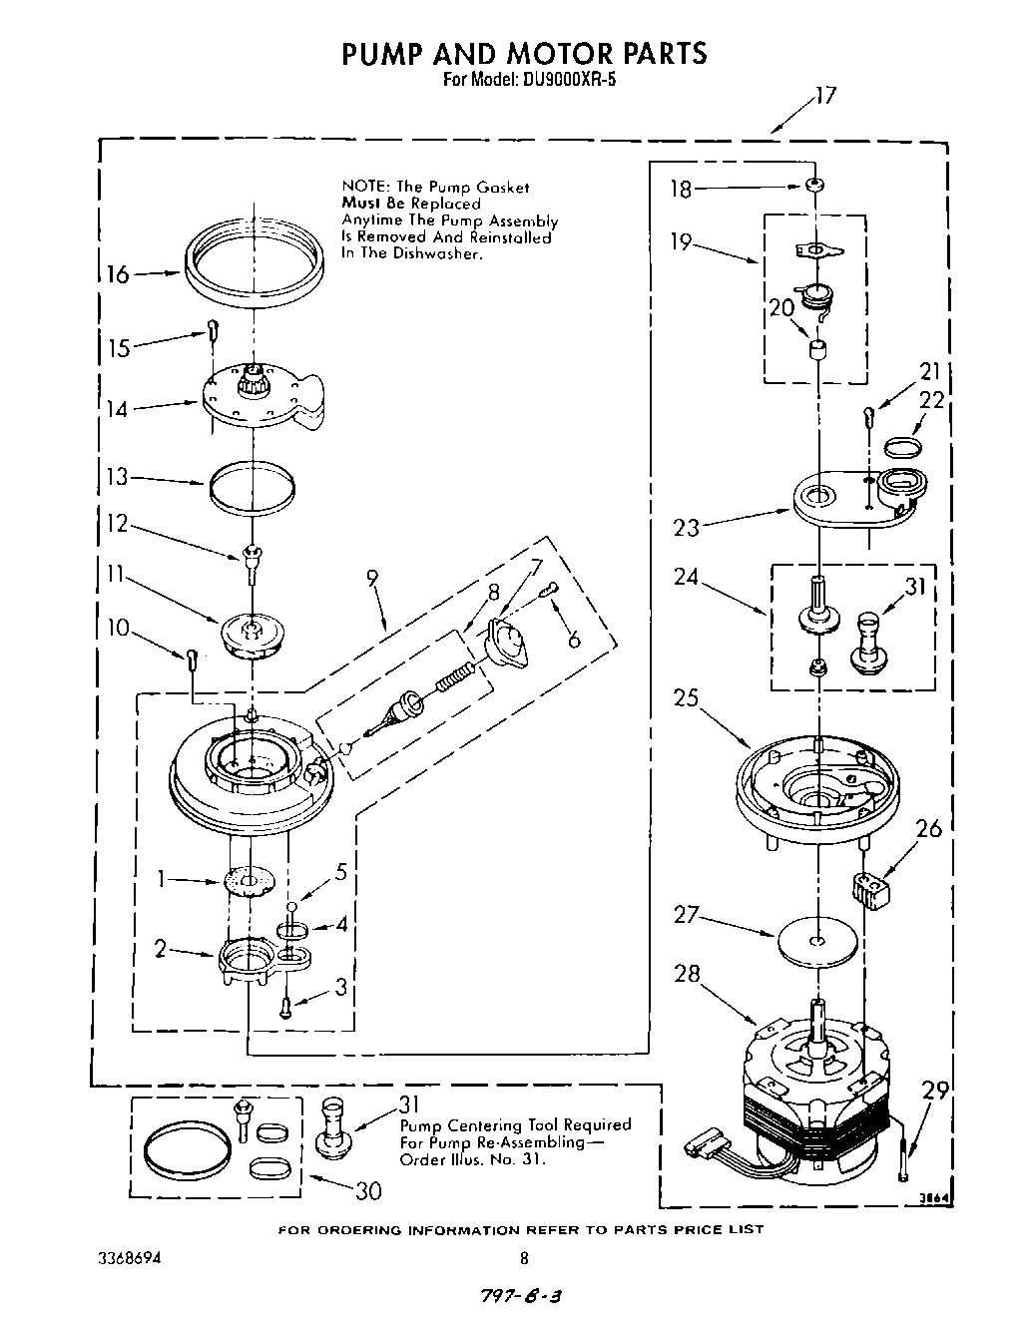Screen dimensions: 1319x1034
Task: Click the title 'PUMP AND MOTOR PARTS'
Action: [524, 52]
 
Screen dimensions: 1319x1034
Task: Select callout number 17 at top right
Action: [824, 97]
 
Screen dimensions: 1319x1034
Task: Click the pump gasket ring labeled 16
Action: [255, 263]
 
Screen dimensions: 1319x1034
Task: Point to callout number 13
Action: [118, 477]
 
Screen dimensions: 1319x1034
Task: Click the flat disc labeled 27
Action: [817, 941]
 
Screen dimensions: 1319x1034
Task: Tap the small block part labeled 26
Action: [871, 887]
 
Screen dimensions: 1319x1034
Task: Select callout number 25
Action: [686, 697]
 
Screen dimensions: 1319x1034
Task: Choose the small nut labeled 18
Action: [815, 186]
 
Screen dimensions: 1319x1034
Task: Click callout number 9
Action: [373, 578]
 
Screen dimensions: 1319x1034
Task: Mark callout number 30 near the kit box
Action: [366, 1190]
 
